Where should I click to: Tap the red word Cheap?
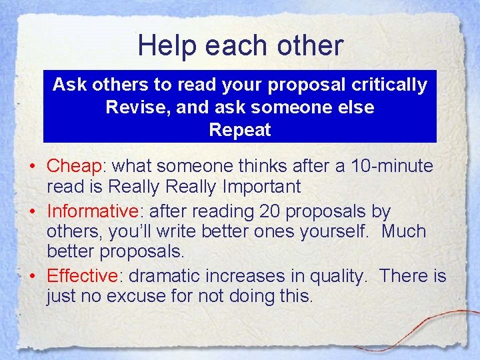[x=73, y=166]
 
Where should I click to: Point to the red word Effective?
[x=82, y=275]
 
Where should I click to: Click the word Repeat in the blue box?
[x=240, y=129]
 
